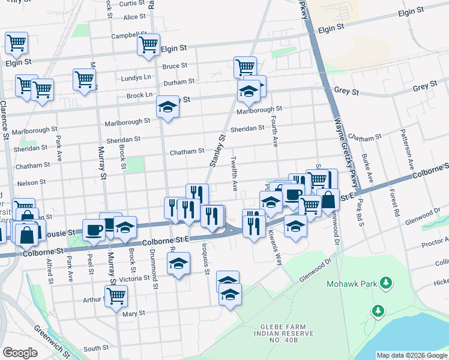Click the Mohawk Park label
click(x=352, y=283)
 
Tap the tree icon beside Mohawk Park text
click(x=386, y=281)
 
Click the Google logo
click(x=20, y=353)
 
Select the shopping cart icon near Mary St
click(x=116, y=295)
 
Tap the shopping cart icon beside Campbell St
click(x=148, y=44)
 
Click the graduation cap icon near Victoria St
click(x=178, y=263)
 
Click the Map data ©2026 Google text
click(x=411, y=355)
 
